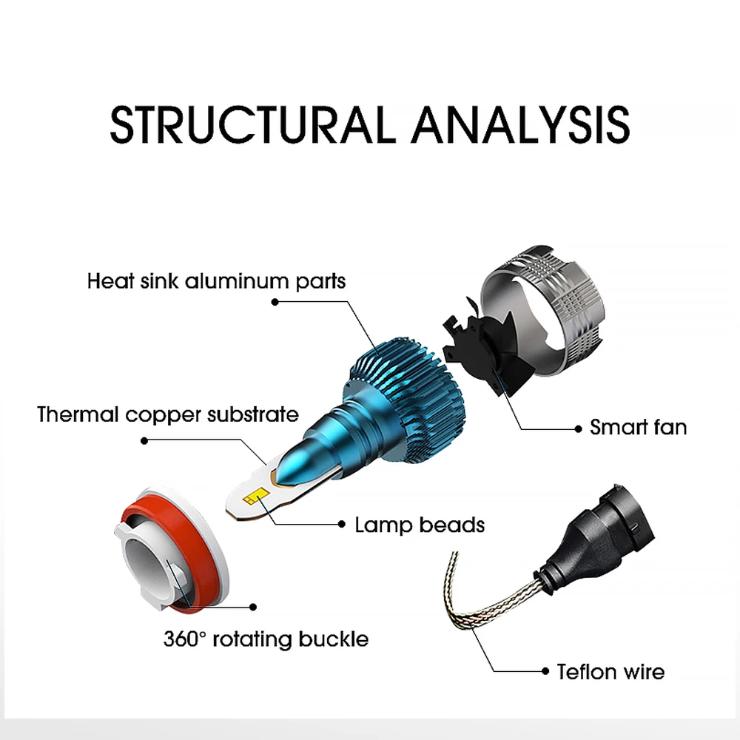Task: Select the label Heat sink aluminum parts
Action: (216, 281)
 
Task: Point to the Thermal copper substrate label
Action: (168, 414)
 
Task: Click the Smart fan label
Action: (638, 427)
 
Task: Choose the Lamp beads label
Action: (420, 525)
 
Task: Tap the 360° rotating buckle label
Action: (266, 639)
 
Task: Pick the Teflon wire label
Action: (610, 671)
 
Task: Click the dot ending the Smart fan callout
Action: (578, 428)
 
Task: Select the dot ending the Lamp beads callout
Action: (342, 524)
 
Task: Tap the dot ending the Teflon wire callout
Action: (545, 671)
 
